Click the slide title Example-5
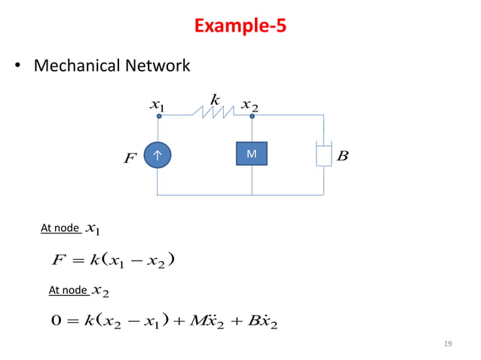point(240,26)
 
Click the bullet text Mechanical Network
point(112,66)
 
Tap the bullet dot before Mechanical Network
point(19,67)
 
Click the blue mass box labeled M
point(251,154)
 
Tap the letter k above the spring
point(215,99)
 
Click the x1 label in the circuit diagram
point(158,105)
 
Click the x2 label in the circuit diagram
point(250,106)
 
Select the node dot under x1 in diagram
point(159,117)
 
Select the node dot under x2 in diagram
point(252,117)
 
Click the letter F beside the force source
point(130,160)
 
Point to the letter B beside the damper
point(343,156)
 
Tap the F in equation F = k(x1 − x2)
point(59,261)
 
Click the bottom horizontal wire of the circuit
point(241,194)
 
